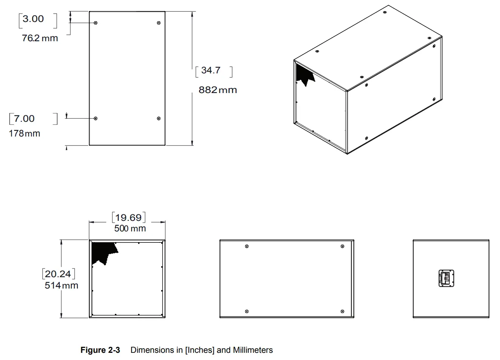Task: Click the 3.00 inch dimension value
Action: pyautogui.click(x=33, y=19)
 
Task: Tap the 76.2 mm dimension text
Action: pyautogui.click(x=40, y=38)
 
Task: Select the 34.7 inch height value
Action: pyautogui.click(x=211, y=70)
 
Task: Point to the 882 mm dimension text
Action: pyautogui.click(x=217, y=90)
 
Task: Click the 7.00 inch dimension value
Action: pyautogui.click(x=24, y=119)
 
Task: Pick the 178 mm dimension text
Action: pyautogui.click(x=25, y=133)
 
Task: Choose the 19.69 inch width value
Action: pyautogui.click(x=129, y=217)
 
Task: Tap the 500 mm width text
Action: pyautogui.click(x=130, y=228)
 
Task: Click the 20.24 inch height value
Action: pyautogui.click(x=58, y=274)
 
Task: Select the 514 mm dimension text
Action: pyautogui.click(x=61, y=286)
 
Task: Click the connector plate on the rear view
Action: pyautogui.click(x=446, y=278)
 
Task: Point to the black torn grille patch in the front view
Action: pyautogui.click(x=102, y=251)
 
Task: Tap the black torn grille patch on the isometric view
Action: pyautogui.click(x=304, y=74)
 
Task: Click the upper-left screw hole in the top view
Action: pyautogui.click(x=96, y=23)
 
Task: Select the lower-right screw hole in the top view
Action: pyautogui.click(x=159, y=119)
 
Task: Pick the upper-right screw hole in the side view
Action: pyautogui.click(x=342, y=247)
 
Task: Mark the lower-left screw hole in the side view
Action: pyautogui.click(x=247, y=312)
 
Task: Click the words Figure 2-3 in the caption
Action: pyautogui.click(x=100, y=350)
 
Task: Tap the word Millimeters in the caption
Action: pyautogui.click(x=253, y=350)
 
